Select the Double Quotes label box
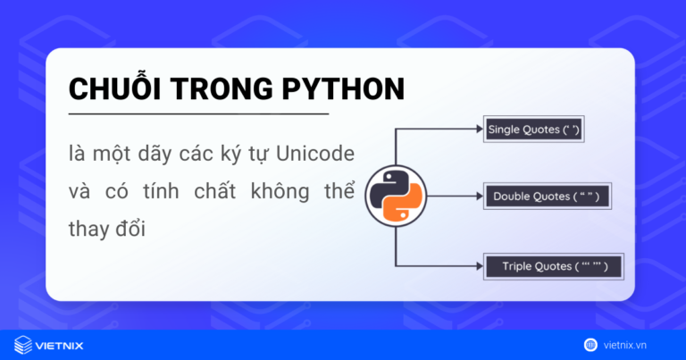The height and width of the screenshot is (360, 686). click(x=547, y=197)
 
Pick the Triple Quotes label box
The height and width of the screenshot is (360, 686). click(x=552, y=266)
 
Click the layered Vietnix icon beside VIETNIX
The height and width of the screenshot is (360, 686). click(x=24, y=344)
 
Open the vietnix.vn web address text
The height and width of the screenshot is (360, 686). click(x=638, y=344)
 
